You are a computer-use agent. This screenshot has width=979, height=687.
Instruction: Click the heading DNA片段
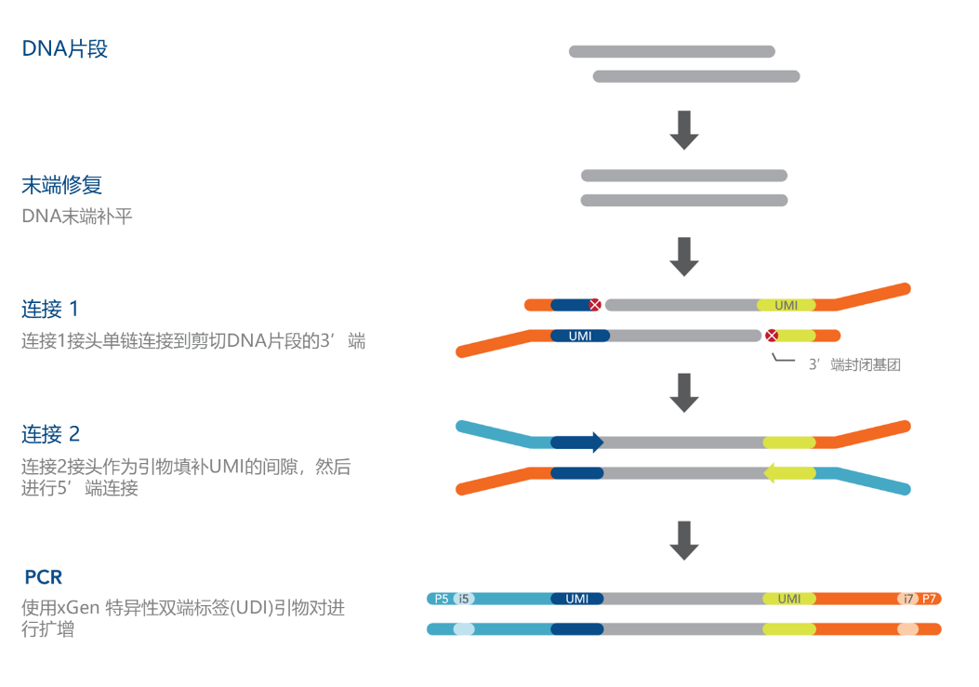[65, 48]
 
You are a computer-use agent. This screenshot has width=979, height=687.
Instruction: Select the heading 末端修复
[61, 185]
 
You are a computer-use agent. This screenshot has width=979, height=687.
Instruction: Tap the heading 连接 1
[50, 310]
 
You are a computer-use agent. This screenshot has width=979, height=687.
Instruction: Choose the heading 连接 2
[51, 434]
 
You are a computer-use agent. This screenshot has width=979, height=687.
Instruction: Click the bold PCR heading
[44, 577]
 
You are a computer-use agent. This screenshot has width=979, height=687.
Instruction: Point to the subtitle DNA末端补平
[77, 216]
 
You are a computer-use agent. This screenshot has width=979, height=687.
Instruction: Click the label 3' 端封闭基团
[854, 364]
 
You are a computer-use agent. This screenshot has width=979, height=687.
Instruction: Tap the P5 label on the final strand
[442, 599]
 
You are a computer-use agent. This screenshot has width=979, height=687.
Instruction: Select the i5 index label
[463, 599]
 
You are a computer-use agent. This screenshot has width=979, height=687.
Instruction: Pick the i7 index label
[907, 599]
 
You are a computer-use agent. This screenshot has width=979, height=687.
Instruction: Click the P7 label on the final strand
[929, 599]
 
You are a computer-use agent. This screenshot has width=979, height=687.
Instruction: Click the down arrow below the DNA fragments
[684, 130]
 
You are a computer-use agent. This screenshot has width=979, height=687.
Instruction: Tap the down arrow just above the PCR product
[684, 540]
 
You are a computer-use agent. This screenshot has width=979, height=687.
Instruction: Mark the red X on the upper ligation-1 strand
[595, 305]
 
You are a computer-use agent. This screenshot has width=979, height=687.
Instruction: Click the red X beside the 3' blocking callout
[772, 336]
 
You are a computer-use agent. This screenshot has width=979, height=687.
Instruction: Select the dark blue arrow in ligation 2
[577, 443]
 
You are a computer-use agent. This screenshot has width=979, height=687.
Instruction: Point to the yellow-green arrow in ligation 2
[789, 473]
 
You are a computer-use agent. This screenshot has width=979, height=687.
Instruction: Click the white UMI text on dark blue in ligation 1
[580, 336]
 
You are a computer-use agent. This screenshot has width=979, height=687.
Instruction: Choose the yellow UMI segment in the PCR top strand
[789, 599]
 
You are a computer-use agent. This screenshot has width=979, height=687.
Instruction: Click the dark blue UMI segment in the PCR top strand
[577, 599]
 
